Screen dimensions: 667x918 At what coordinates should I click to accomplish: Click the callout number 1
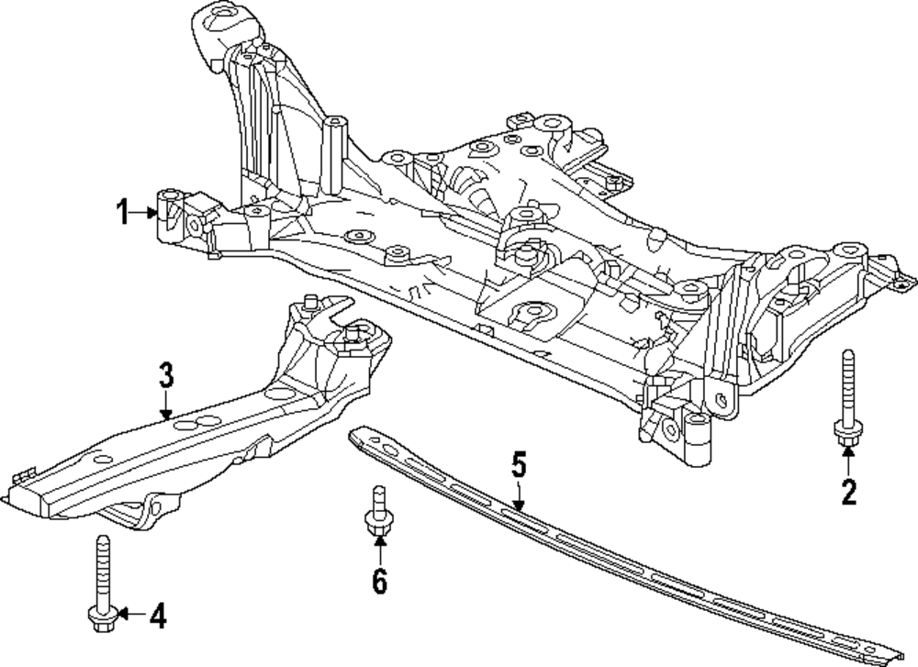click(x=122, y=213)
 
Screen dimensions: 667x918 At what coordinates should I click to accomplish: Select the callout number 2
click(x=848, y=493)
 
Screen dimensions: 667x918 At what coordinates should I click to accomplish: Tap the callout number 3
click(x=165, y=376)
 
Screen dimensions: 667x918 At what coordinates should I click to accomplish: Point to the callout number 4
click(x=158, y=616)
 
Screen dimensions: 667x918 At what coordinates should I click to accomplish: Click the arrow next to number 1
click(x=147, y=213)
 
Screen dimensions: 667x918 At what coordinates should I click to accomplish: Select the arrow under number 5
click(x=519, y=496)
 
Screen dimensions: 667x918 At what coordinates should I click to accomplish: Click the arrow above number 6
click(x=378, y=550)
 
